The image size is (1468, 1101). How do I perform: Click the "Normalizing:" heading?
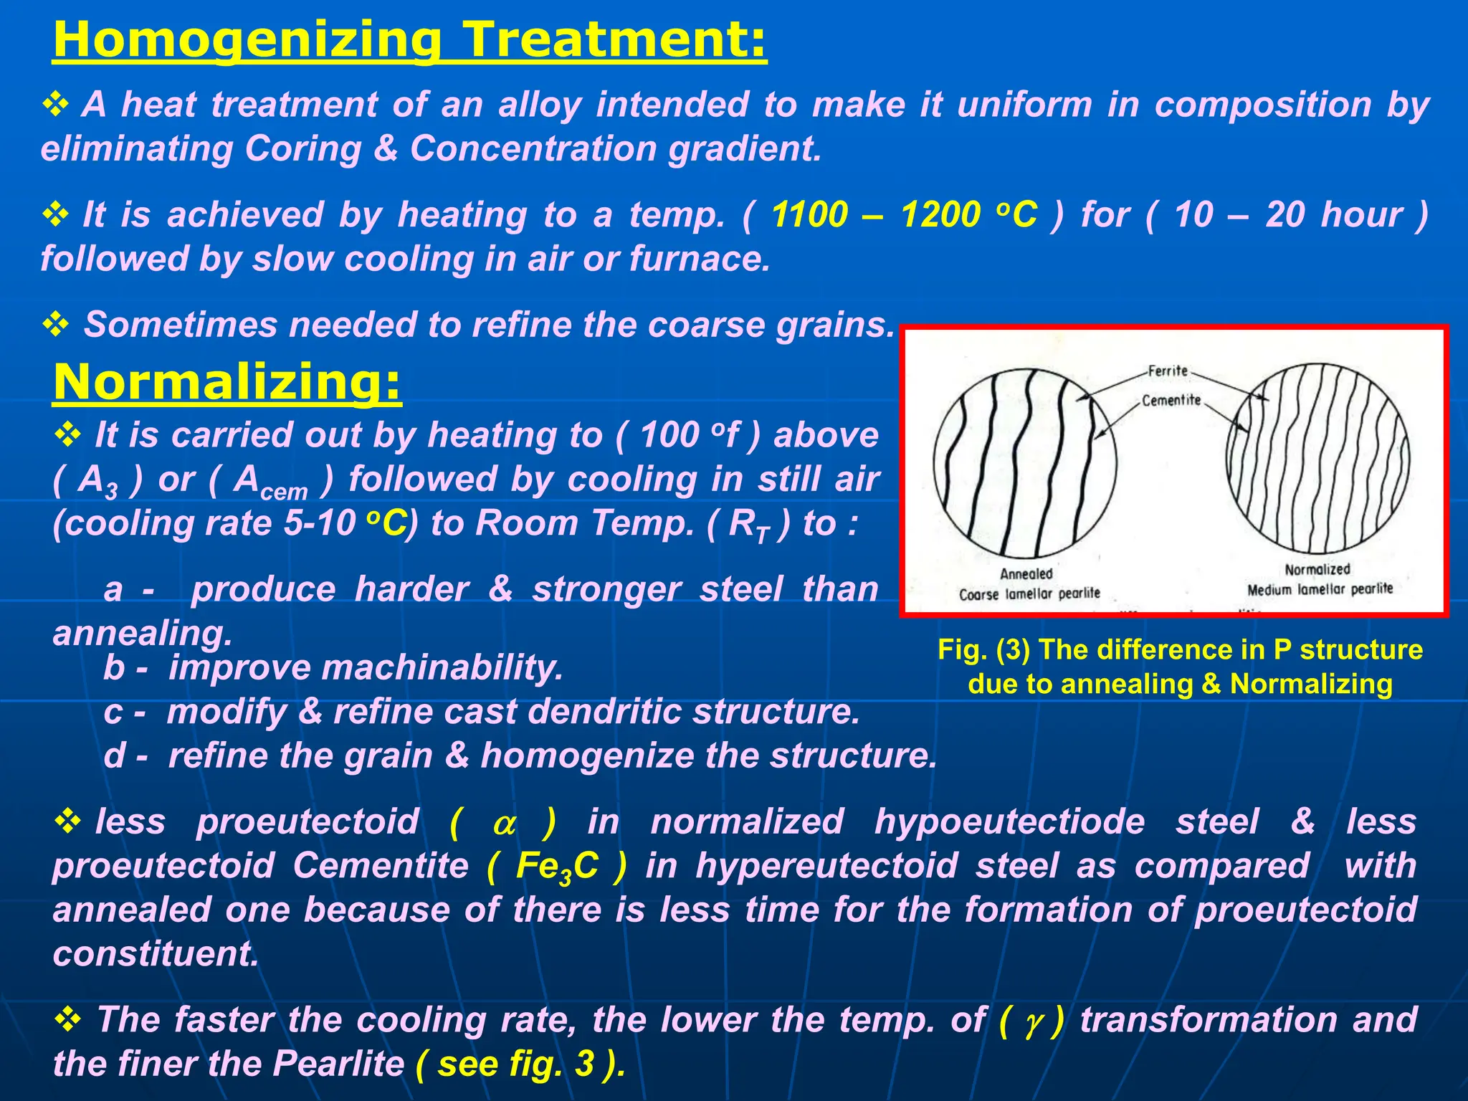(227, 382)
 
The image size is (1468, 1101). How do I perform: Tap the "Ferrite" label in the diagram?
(1168, 371)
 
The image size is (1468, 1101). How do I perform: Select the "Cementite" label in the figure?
(1171, 400)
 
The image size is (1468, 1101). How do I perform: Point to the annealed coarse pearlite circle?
(1025, 463)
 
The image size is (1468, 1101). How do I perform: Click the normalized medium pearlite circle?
(1317, 459)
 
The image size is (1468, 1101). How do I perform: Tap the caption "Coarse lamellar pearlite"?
(1029, 594)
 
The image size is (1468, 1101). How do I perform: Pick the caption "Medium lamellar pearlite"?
(1320, 589)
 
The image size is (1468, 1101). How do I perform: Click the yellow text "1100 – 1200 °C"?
(904, 214)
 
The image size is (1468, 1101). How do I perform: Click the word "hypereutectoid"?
(826, 865)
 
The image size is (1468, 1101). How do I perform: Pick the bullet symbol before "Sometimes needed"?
(55, 325)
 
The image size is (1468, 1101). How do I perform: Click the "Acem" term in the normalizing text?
(270, 481)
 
